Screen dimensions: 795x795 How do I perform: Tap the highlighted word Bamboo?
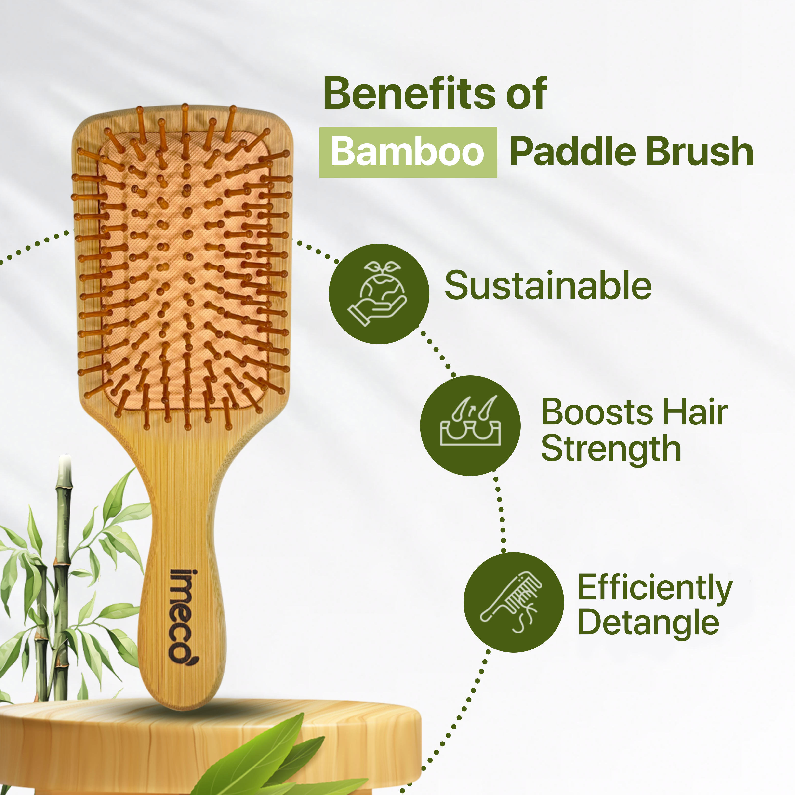[x=407, y=152]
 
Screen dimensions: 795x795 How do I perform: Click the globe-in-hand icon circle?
[x=379, y=294]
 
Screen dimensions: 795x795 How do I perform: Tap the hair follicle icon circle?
[x=470, y=425]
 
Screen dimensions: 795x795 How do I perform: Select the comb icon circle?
[x=514, y=602]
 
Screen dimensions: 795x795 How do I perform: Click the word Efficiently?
[x=655, y=588]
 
